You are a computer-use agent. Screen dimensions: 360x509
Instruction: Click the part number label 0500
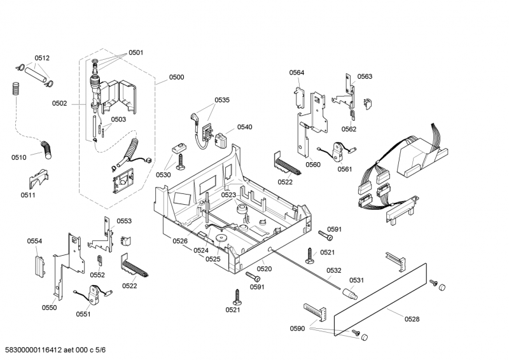[x=176, y=78]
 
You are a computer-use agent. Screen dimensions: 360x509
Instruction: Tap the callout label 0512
[x=42, y=58]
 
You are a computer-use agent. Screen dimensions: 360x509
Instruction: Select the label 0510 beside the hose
[x=19, y=157]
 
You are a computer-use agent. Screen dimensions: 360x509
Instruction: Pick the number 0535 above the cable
[x=221, y=100]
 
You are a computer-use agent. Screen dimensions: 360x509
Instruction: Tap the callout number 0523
[x=228, y=195]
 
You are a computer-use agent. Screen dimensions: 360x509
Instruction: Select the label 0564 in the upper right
[x=296, y=73]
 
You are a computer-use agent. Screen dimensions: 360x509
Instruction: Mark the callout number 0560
[x=312, y=165]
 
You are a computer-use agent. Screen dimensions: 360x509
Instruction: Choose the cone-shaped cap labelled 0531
[x=350, y=294]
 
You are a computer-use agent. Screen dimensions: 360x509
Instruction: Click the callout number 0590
[x=297, y=329]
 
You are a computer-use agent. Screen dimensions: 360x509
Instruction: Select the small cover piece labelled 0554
[x=37, y=264]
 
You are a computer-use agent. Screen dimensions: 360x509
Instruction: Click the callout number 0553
[x=124, y=221]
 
